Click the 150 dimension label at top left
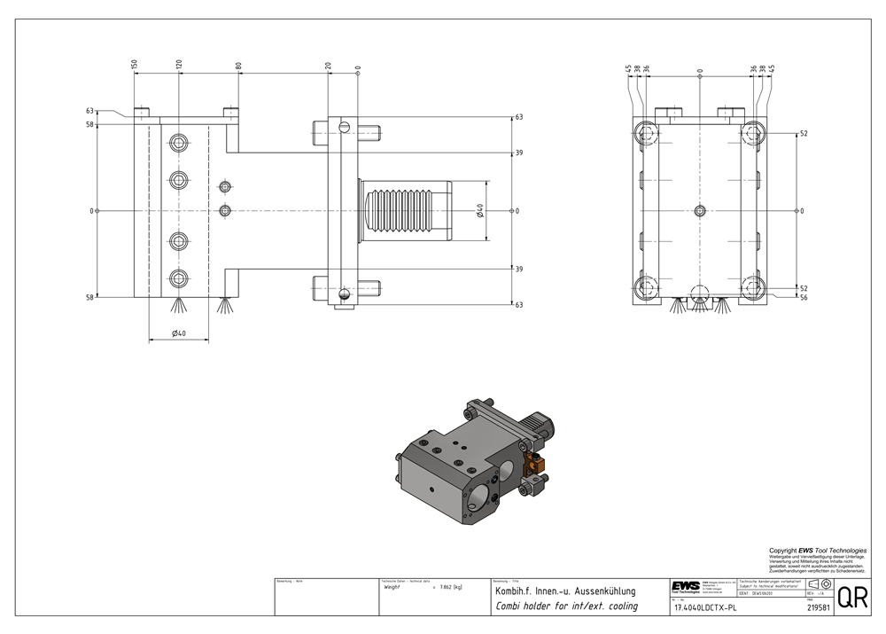[x=135, y=66]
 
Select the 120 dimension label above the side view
[x=179, y=66]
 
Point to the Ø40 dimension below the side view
[x=178, y=333]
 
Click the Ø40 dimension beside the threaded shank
[x=479, y=210]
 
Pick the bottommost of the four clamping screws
[x=180, y=278]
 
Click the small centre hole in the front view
[x=700, y=210]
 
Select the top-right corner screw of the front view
[x=753, y=134]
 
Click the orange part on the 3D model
[x=533, y=461]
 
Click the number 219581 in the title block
[x=820, y=608]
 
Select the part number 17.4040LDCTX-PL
[x=705, y=608]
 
